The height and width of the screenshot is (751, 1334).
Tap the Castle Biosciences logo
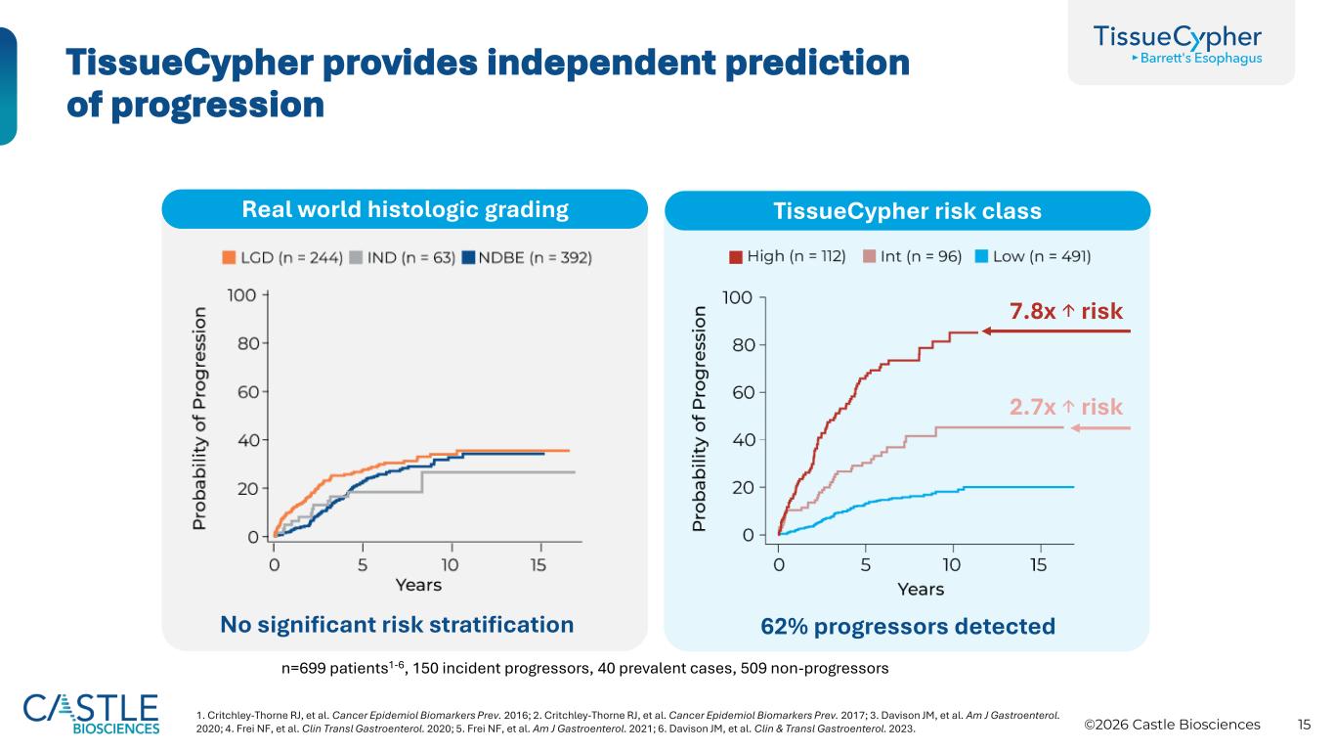[x=91, y=712]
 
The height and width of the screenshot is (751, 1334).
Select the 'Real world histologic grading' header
[x=405, y=209]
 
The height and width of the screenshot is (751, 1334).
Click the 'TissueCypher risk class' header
[x=907, y=210]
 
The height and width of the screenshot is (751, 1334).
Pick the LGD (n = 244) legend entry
[x=281, y=258]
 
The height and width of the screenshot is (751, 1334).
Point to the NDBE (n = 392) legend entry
[x=527, y=258]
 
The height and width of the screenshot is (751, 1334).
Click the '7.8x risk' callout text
[x=1065, y=311]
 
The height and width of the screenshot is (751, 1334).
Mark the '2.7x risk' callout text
[x=1065, y=407]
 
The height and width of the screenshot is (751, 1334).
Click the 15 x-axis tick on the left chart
[x=538, y=564]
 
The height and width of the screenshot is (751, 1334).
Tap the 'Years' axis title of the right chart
[x=921, y=589]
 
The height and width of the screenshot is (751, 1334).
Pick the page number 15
[x=1304, y=725]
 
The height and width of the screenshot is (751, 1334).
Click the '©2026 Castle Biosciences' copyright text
[x=1173, y=725]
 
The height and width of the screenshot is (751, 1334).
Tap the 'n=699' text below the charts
[x=303, y=669]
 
